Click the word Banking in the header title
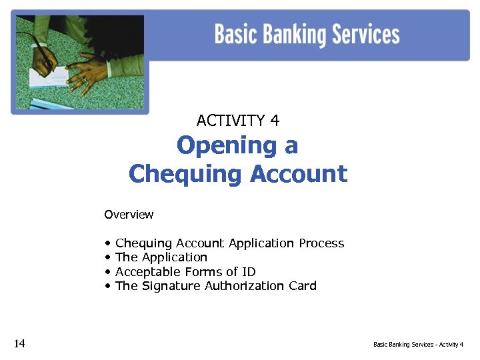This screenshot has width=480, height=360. click(x=291, y=35)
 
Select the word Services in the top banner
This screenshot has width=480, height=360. click(x=366, y=34)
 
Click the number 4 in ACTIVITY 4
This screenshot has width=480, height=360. click(x=275, y=121)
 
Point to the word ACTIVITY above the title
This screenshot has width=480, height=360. click(x=231, y=121)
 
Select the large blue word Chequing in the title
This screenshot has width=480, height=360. click(x=185, y=174)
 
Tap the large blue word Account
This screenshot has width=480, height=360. click(x=299, y=174)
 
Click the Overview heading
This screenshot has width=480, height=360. click(x=129, y=215)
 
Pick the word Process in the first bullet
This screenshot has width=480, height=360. click(x=321, y=243)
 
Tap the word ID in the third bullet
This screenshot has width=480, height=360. click(x=248, y=271)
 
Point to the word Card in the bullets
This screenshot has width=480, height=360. click(x=303, y=286)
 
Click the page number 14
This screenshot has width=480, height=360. click(x=19, y=343)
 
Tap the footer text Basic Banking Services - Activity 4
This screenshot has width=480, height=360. click(x=418, y=345)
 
